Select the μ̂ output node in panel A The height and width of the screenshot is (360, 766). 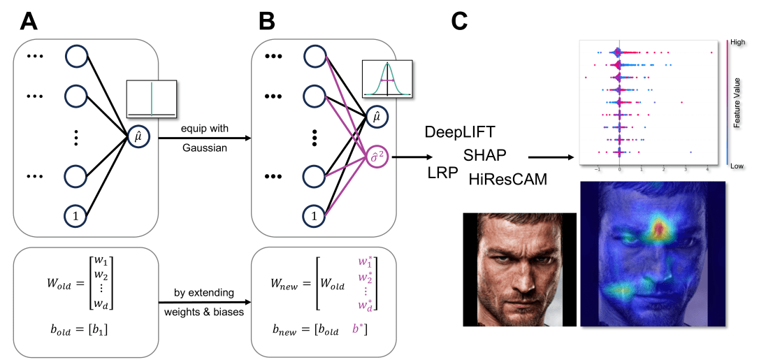138,138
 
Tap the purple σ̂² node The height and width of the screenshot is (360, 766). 377,158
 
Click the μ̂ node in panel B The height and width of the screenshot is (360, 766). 375,117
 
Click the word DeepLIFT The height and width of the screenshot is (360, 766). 460,132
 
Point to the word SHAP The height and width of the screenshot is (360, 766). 484,155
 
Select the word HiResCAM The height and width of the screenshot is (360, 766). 508,180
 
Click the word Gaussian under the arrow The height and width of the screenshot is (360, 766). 205,148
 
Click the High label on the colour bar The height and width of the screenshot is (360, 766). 737,43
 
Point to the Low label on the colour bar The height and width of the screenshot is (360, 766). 737,166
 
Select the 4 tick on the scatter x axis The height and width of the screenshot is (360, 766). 708,169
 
